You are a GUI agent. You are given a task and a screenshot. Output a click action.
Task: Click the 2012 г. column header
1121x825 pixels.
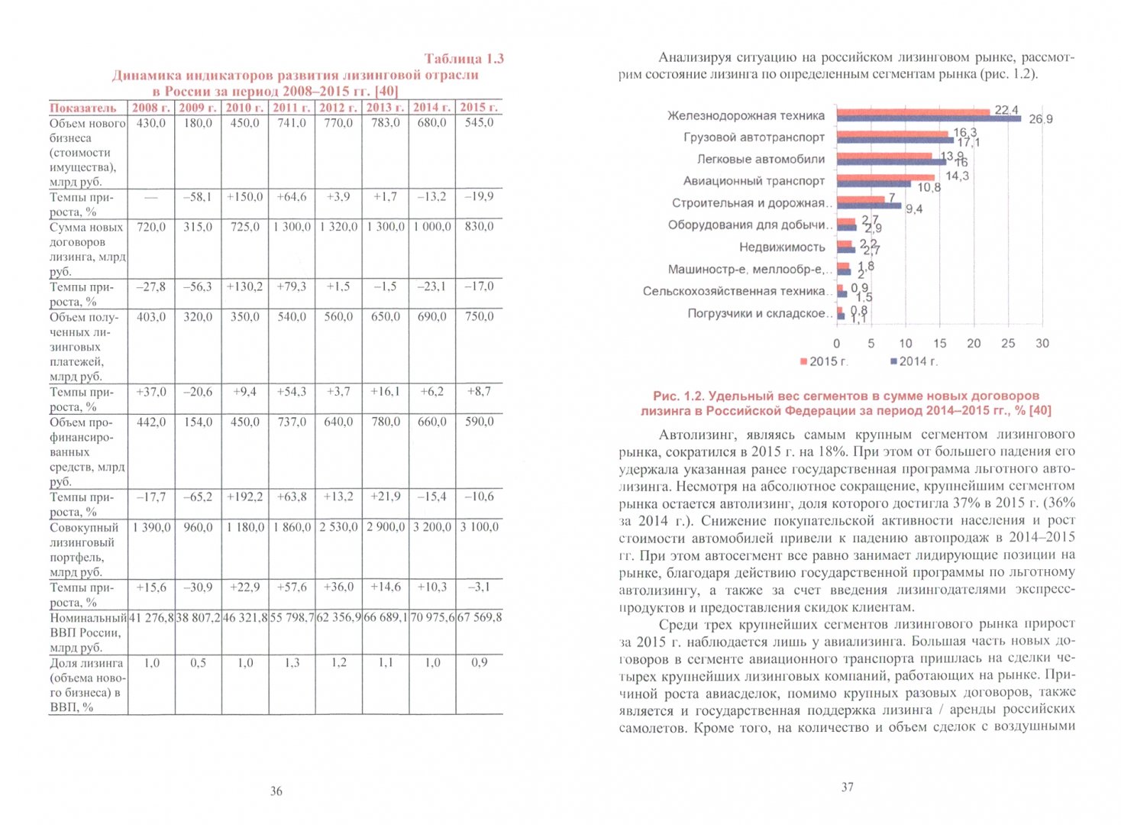pos(338,108)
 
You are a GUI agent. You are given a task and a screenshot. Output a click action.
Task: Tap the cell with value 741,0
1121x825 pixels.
pos(291,123)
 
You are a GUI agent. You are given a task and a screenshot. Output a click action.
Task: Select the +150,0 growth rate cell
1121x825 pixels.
pos(244,197)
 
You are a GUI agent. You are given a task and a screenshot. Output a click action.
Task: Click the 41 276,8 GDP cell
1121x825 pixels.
pos(151,617)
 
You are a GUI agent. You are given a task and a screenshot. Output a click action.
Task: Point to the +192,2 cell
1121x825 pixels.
pos(244,497)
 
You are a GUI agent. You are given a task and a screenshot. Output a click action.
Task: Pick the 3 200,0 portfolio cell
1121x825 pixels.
pos(432,527)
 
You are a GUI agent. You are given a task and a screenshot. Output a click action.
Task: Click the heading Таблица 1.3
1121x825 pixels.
pos(464,59)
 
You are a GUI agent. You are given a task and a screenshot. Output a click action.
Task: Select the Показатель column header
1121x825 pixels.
pos(83,108)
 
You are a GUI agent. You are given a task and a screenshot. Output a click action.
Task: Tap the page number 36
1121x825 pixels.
pos(276,791)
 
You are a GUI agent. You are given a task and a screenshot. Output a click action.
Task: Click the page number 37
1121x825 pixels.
pos(847,787)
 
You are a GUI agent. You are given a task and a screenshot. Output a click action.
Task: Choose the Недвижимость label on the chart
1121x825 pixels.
pos(782,247)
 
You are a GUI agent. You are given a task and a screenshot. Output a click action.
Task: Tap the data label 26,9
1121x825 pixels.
pos(1040,119)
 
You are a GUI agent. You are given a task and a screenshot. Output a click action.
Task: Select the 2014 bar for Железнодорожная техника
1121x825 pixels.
pos(929,119)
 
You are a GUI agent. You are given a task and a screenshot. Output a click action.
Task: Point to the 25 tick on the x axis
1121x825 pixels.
pos(1008,344)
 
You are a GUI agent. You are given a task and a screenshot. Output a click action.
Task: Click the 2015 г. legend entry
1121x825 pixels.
pos(824,361)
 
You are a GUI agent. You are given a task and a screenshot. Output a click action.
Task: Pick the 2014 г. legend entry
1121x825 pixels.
pos(914,361)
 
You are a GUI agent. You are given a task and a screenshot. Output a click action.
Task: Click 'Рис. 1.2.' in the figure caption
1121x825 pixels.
pos(677,396)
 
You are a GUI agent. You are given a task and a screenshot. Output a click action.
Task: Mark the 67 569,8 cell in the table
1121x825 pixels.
pos(480,617)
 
